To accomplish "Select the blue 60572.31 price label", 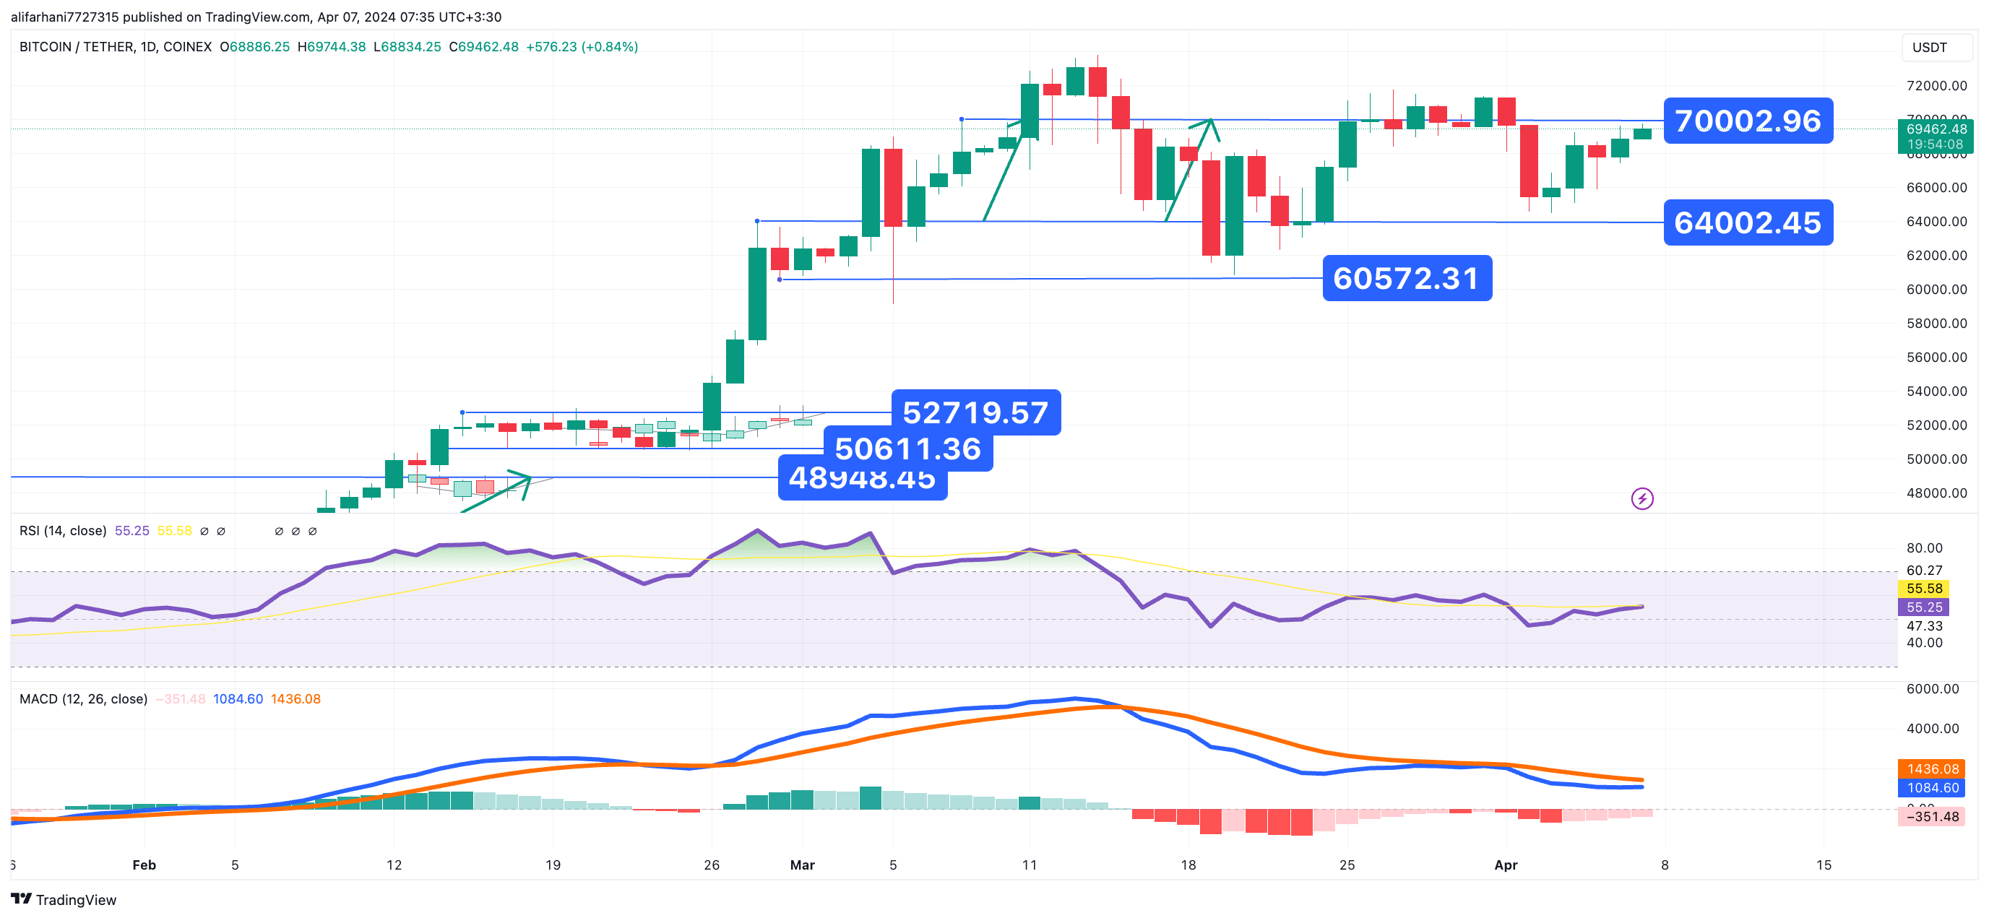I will click(1406, 278).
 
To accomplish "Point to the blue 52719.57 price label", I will click(975, 412).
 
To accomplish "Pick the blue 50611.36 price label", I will click(908, 449).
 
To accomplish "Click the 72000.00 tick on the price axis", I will click(1936, 86).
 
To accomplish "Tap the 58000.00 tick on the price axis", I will click(1936, 324).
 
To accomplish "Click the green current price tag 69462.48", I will click(1936, 136).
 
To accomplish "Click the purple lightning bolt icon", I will click(1641, 499).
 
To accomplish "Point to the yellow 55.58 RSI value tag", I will click(1923, 589).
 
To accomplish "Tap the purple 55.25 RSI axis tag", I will click(1923, 607).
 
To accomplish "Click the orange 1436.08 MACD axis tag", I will click(1933, 769).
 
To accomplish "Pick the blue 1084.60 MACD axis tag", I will click(1933, 787).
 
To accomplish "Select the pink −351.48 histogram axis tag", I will click(1932, 817).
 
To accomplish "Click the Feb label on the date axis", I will click(144, 865).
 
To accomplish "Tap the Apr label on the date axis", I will click(1506, 865).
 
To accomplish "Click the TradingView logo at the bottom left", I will click(64, 899).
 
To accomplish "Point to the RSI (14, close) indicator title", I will click(63, 531).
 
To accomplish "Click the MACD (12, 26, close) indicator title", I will click(83, 698).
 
